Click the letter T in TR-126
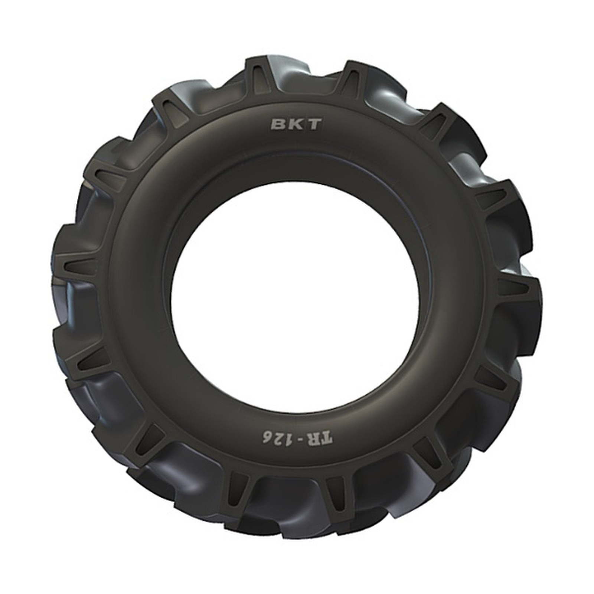click(326, 438)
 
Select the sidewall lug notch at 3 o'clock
click(513, 288)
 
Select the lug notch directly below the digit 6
click(238, 486)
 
